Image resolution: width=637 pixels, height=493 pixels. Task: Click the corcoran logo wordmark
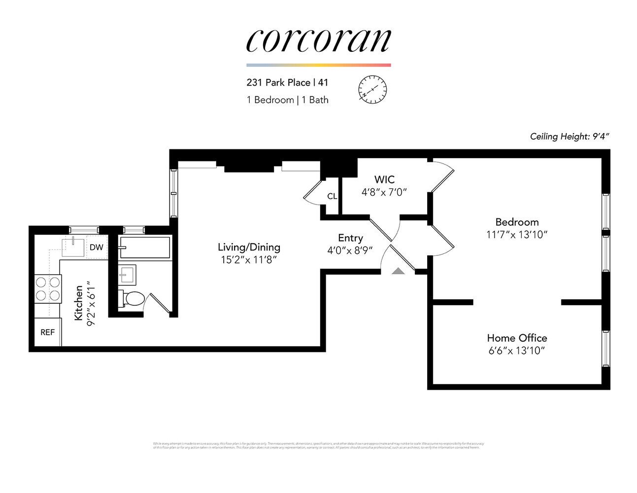318,40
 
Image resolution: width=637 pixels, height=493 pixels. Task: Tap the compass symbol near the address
372,90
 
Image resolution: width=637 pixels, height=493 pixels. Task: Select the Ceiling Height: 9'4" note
570,137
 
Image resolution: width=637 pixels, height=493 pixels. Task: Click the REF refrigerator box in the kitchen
48,332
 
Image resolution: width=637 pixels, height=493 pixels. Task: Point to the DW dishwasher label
97,247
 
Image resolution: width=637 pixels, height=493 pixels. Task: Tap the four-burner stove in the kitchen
48,289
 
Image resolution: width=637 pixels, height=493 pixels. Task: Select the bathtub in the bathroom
145,247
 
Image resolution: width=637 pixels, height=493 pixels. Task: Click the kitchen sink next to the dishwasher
73,246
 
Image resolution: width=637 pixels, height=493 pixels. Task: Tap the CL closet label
332,196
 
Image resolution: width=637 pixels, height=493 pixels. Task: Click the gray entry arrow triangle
398,270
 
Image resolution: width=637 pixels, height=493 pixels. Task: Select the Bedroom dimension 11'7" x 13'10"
517,235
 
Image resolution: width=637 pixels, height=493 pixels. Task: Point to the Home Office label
517,338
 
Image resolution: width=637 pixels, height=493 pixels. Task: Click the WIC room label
384,179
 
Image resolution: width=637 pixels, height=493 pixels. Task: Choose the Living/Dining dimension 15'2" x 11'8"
249,260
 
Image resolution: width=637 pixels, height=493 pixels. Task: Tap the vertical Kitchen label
79,303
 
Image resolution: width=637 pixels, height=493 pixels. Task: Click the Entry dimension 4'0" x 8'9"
350,250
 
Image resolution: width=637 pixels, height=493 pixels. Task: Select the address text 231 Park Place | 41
287,82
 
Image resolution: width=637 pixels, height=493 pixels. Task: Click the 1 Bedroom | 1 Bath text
287,100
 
